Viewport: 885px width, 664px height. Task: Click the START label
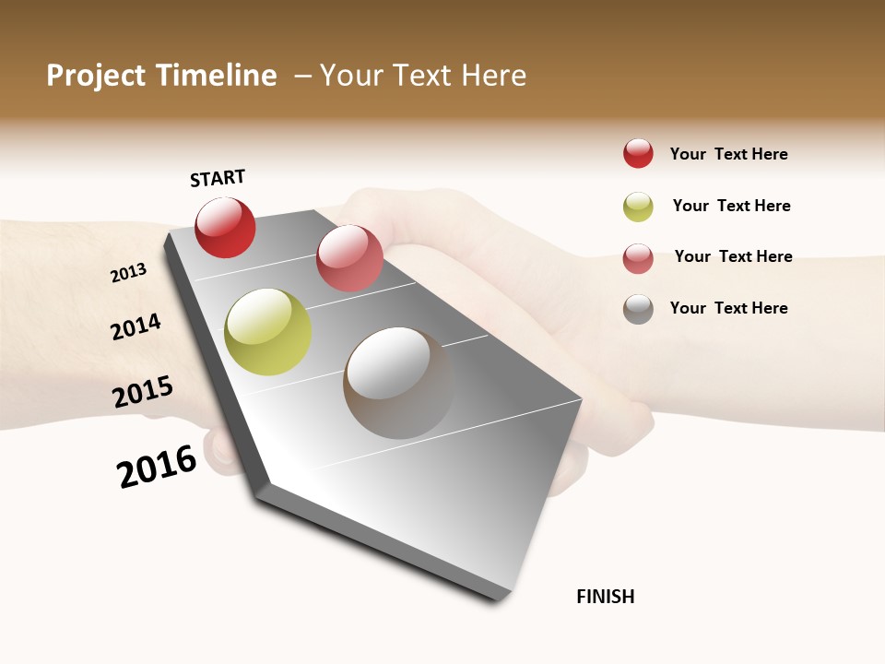[x=218, y=178]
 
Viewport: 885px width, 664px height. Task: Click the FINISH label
[x=606, y=597]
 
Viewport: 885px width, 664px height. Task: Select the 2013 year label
[x=128, y=273]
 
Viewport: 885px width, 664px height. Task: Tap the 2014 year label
[x=136, y=326]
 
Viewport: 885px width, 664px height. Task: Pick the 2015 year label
[x=143, y=392]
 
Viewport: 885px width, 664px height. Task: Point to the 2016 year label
[x=157, y=467]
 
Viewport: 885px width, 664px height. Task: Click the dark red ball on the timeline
[x=225, y=228]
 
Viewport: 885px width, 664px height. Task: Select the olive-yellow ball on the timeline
[x=267, y=332]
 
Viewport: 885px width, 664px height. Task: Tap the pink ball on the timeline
[x=349, y=258]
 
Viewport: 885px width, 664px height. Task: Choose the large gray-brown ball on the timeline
[x=398, y=383]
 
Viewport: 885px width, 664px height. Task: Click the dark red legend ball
[x=638, y=153]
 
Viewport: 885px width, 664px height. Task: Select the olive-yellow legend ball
[x=638, y=207]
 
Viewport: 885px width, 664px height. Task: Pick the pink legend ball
[x=638, y=258]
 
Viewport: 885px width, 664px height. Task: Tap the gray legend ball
[x=638, y=309]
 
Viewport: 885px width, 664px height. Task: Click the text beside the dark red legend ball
[x=728, y=154]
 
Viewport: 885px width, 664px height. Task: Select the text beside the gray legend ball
[x=728, y=308]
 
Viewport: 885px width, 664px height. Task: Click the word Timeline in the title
[x=216, y=76]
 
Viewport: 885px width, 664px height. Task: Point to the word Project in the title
[x=97, y=76]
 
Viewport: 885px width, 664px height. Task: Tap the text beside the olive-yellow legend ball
[x=731, y=206]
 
